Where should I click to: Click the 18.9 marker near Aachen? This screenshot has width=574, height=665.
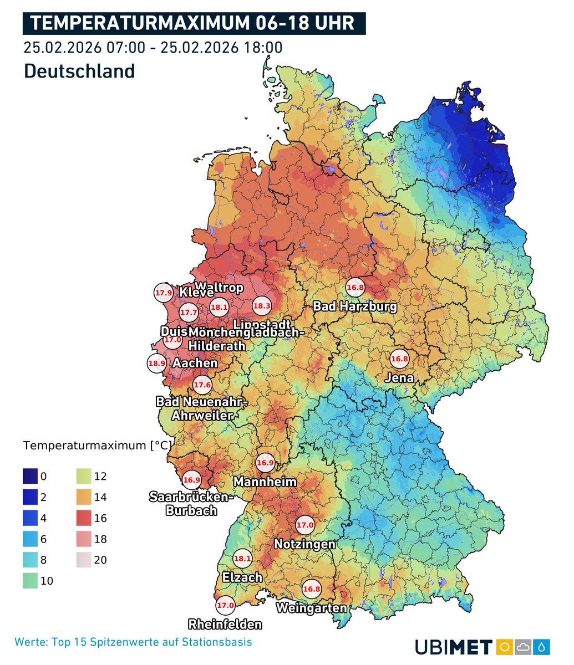coord(156,364)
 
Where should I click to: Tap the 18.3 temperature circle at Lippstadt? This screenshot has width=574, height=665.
coord(262,305)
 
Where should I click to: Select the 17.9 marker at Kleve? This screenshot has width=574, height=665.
coord(163,293)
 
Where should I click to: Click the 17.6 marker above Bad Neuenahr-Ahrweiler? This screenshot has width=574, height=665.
coord(202,385)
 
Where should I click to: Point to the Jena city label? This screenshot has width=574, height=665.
coord(400,378)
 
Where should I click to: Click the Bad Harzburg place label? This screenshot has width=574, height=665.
coord(355,306)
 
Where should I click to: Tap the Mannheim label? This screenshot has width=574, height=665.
coord(265,482)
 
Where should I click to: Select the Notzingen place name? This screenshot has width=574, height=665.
coord(305,544)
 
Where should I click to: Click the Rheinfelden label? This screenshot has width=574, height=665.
coord(225,625)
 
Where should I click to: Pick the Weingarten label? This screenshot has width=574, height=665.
coord(311,608)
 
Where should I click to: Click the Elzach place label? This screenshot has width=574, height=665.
coord(242,577)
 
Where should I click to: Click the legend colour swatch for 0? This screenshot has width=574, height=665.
coord(30,477)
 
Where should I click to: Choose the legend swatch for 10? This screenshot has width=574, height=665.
coord(30,581)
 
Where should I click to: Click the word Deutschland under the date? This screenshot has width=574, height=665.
coord(79,71)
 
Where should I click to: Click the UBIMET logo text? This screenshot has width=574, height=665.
coord(453,647)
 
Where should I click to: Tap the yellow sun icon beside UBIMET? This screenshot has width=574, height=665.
coord(504,647)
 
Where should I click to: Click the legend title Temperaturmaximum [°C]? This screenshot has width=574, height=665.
coord(98,446)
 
